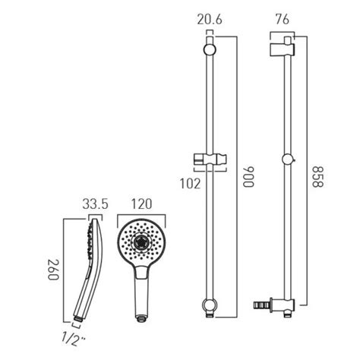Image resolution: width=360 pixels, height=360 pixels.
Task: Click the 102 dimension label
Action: pyautogui.click(x=188, y=182)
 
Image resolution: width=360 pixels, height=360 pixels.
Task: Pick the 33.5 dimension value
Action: pyautogui.click(x=94, y=204)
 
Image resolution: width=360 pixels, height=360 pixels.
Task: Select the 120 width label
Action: pyautogui.click(x=141, y=204)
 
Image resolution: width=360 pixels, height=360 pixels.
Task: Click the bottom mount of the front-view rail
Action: pyautogui.click(x=209, y=305)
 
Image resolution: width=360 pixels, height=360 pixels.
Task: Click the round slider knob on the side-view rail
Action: pyautogui.click(x=286, y=160)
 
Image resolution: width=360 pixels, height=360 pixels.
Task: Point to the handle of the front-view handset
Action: pyautogui.click(x=141, y=292)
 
